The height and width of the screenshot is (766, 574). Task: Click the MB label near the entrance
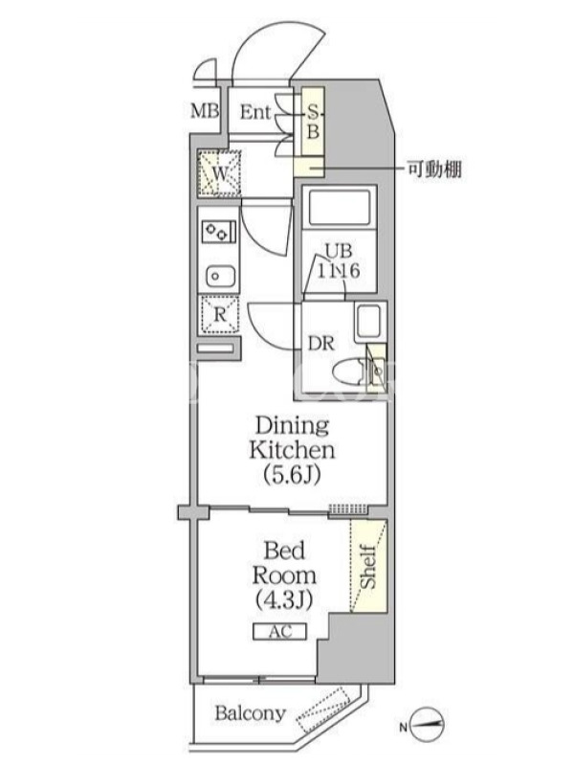pos(205,111)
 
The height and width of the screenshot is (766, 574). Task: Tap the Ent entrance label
pos(254,112)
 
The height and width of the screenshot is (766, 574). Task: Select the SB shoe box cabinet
pos(313,121)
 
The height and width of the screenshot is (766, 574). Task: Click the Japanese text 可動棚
pos(435,169)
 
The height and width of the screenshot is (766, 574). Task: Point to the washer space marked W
pos(220,173)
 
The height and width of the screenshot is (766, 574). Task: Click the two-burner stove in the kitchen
pos(218,231)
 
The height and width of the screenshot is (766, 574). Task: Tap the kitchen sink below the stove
pos(220,277)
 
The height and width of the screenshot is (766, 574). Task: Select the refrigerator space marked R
pos(220,315)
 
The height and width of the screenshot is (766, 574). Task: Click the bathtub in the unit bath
pos(340,207)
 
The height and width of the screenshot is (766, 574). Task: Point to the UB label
pos(339,251)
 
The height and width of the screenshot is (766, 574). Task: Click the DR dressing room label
pos(320,344)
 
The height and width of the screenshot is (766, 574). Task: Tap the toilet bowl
pos(349,373)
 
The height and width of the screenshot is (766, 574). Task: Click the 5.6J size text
pos(292,474)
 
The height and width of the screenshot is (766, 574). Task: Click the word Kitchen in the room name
pos(292,450)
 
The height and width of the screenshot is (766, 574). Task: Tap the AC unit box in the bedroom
pos(279,631)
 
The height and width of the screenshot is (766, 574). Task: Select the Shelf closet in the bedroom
pos(368,566)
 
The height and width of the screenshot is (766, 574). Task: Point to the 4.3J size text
pos(284,599)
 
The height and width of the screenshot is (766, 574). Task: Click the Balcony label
pos(250,713)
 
